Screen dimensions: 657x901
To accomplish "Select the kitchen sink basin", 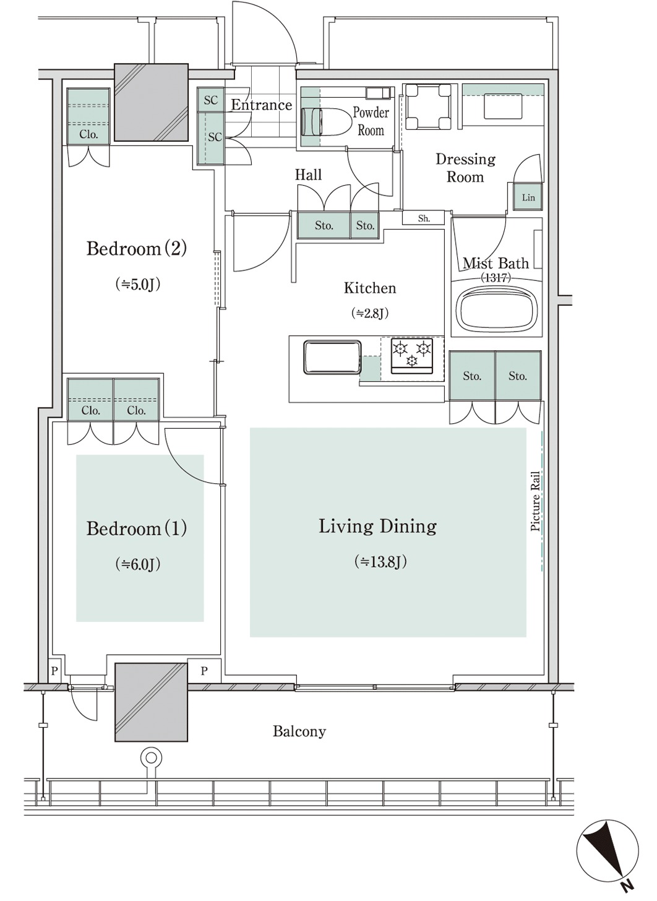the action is (x=332, y=358).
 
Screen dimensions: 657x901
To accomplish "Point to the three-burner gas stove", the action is (x=412, y=356).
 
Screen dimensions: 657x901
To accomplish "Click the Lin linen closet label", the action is (x=528, y=197).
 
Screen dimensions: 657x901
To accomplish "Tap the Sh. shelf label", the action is (x=424, y=218).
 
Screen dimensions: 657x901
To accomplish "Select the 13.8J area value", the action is (x=380, y=561).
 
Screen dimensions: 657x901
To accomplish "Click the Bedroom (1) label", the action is (x=137, y=528).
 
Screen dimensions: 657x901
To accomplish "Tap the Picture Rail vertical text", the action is (x=535, y=501).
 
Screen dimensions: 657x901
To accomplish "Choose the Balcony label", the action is (x=299, y=731).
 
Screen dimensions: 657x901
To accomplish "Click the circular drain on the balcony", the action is (x=151, y=758).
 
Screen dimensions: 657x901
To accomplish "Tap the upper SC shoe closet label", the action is (x=211, y=100).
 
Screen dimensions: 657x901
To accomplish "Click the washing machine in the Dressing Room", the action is (x=427, y=106).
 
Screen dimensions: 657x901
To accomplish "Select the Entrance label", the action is (x=262, y=105).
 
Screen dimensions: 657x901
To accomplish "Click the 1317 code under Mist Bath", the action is (x=496, y=277).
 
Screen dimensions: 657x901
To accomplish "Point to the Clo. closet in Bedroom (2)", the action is (x=88, y=116).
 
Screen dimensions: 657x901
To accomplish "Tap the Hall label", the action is (x=309, y=175).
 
